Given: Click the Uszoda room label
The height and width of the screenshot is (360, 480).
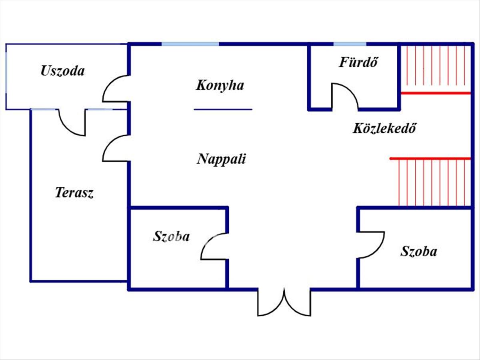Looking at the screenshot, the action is tap(62, 71).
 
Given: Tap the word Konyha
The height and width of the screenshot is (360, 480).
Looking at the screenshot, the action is tap(220, 86).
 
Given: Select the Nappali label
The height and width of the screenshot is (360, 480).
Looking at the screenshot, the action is tap(221, 159).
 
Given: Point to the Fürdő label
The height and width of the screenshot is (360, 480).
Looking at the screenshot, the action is tap(358, 62).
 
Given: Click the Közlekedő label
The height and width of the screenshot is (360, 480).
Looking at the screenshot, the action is tap(384, 128).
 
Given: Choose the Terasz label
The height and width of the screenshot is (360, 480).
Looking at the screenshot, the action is tap(74, 193).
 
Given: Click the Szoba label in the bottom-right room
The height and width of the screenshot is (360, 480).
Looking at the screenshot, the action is tap(419, 251).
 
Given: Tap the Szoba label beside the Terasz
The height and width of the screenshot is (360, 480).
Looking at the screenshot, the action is tap(171, 236).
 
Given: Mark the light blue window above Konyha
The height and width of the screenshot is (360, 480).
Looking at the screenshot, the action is tap(190, 44).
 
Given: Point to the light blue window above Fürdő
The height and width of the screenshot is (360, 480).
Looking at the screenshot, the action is tap(350, 44).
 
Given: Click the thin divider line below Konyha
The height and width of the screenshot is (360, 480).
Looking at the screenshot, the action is tap(223, 109).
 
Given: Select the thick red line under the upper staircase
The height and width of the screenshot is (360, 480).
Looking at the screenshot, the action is tap(436, 93).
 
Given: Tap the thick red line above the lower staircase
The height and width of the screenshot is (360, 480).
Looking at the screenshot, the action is tap(430, 158).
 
